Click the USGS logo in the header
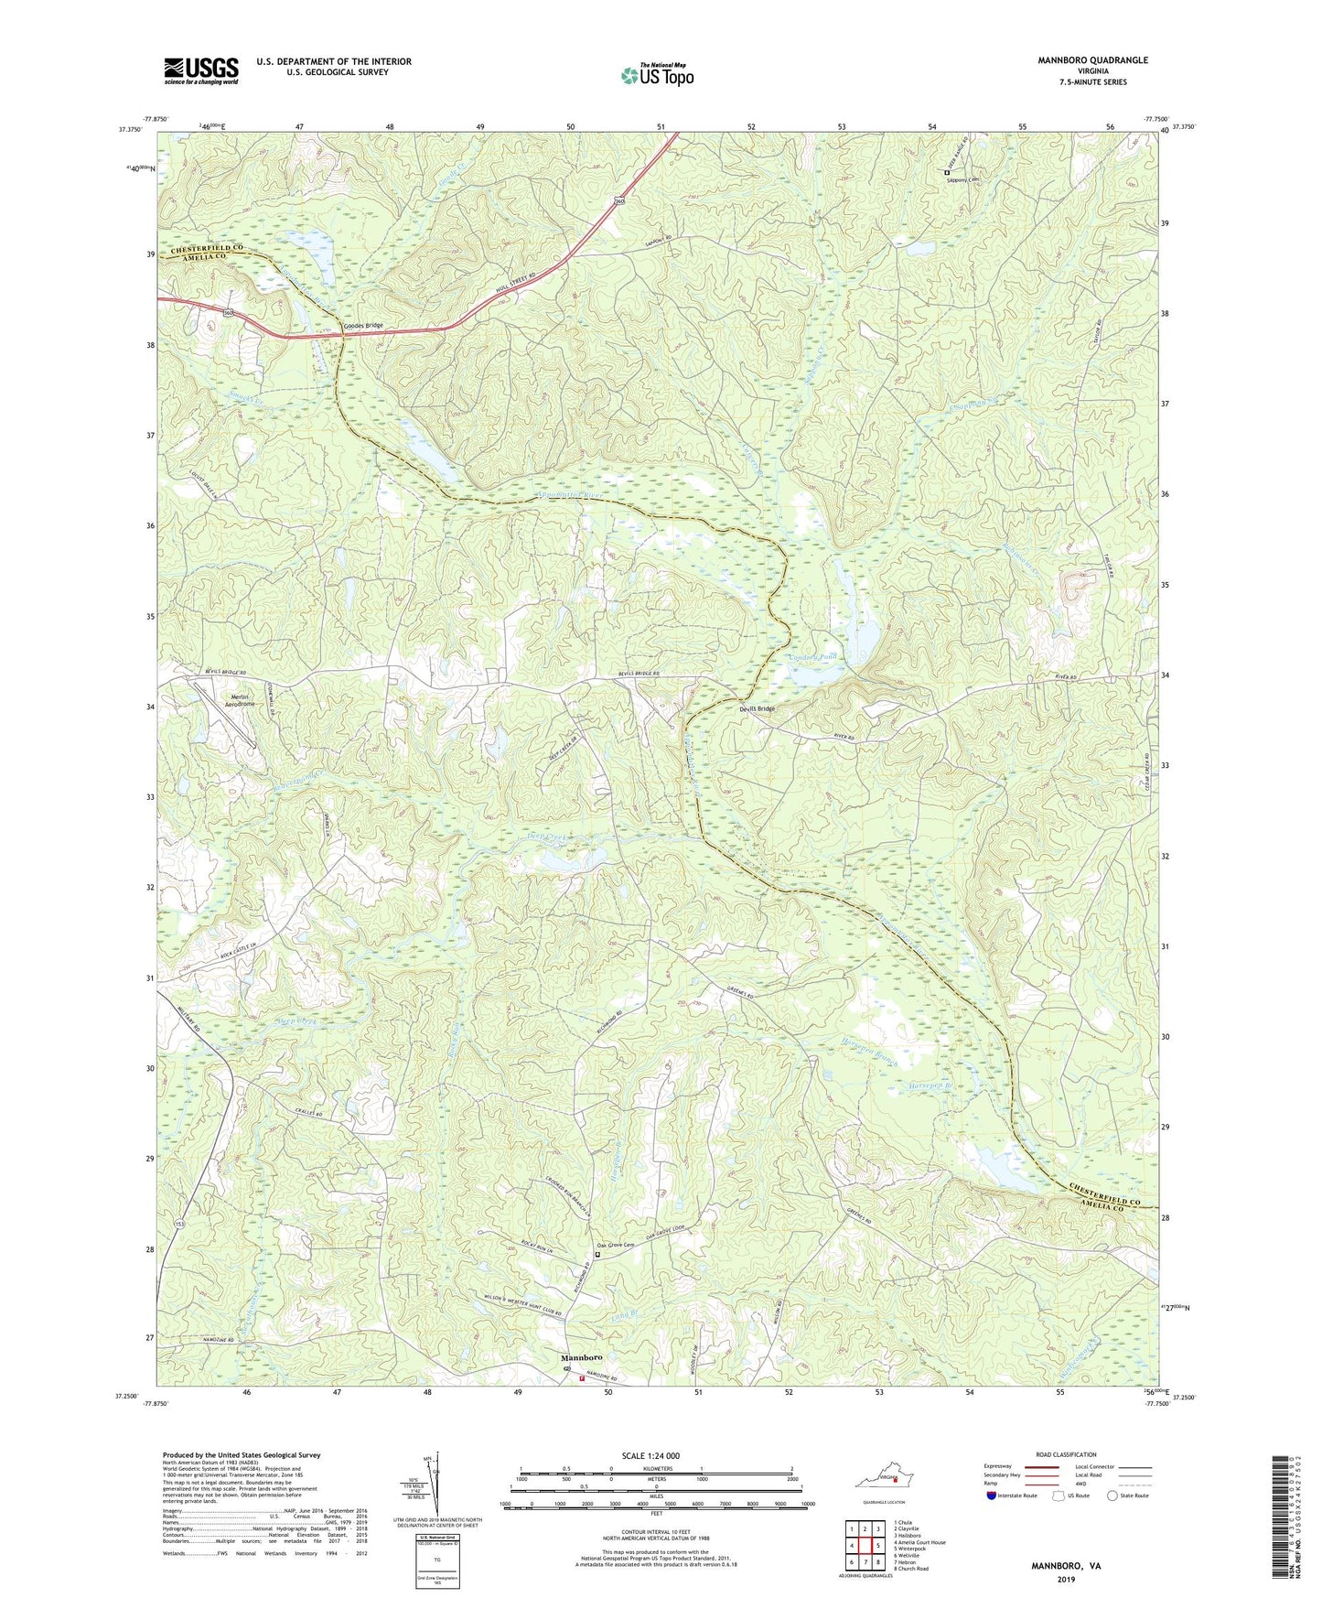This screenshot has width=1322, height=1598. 201,70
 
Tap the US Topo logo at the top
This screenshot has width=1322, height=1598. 656,76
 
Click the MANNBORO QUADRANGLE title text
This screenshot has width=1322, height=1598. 1092,60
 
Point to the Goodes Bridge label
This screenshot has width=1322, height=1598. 363,327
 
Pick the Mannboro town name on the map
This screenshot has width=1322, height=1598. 583,1358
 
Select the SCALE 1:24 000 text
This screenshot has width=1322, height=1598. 650,1456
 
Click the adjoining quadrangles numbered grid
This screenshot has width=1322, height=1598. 864,1546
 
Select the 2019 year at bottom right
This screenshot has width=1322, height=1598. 1065,1579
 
